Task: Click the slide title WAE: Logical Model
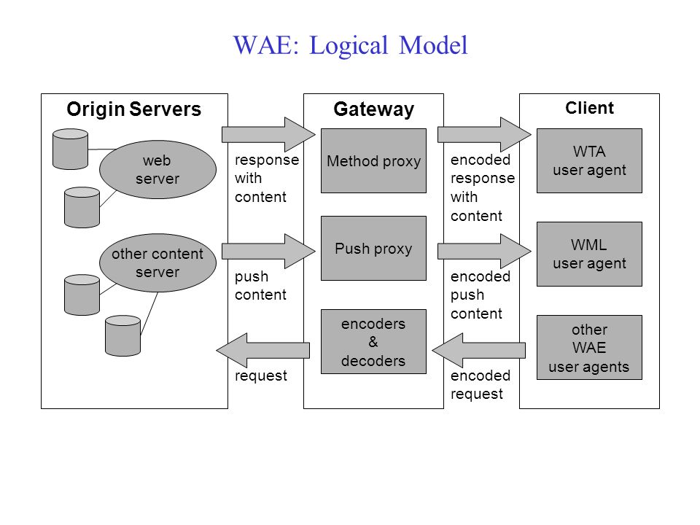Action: coord(351,45)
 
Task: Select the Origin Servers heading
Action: coord(134,109)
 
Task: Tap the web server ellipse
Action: coord(157,170)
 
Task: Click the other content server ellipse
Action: coord(157,263)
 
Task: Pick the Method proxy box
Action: coord(373,160)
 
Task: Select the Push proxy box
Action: coord(373,248)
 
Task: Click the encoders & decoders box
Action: coord(373,341)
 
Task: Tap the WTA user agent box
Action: coord(589,160)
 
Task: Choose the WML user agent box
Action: coord(589,254)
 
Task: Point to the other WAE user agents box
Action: coord(589,347)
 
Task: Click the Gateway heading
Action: coord(373,109)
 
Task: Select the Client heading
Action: coord(589,108)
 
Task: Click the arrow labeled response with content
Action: coord(268,134)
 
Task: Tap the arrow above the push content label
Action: coord(268,252)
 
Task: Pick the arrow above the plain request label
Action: coord(263,351)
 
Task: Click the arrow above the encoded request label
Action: coord(478,351)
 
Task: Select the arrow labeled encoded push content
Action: coord(484,252)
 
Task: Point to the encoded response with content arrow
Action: coord(484,134)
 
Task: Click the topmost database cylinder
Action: coord(70,149)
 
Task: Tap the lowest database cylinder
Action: coord(122,335)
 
